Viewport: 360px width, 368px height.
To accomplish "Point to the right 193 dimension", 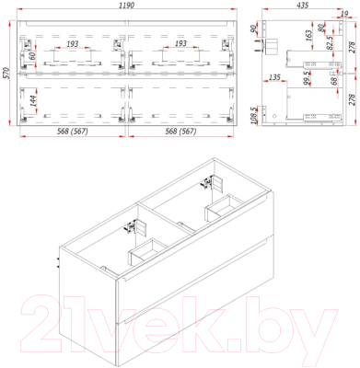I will (180, 43).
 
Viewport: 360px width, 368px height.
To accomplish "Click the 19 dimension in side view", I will (343, 16).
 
